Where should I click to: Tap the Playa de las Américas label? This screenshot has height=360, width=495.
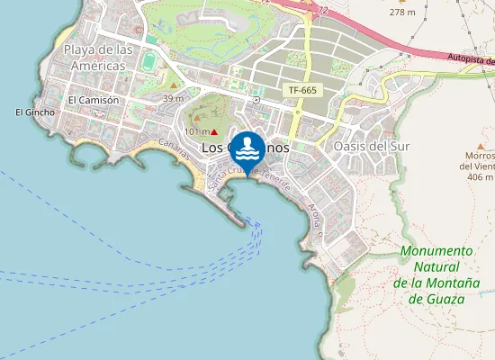[x=99, y=58]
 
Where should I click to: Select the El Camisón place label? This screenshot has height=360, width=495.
[x=93, y=100]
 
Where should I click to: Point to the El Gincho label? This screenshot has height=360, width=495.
[x=35, y=112]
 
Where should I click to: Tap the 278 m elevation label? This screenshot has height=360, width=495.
[x=402, y=13]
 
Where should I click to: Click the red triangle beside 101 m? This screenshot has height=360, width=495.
[x=214, y=132]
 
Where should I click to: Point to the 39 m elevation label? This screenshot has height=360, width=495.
[x=174, y=98]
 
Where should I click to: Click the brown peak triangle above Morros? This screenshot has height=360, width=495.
[x=481, y=145]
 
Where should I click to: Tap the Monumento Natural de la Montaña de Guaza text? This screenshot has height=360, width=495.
[x=436, y=274]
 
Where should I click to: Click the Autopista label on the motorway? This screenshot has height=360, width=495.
[x=469, y=58]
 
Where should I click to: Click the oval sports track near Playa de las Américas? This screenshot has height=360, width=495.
[x=148, y=61]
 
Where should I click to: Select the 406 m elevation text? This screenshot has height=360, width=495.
[x=476, y=177]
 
